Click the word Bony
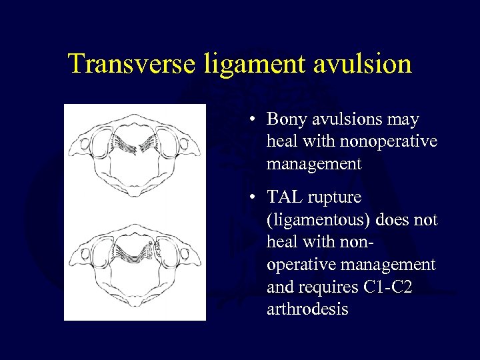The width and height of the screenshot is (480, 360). click(x=286, y=120)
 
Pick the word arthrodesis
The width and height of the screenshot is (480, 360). click(x=307, y=309)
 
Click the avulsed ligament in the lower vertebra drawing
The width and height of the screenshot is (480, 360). click(x=155, y=252)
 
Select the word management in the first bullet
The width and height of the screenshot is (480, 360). click(x=313, y=163)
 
